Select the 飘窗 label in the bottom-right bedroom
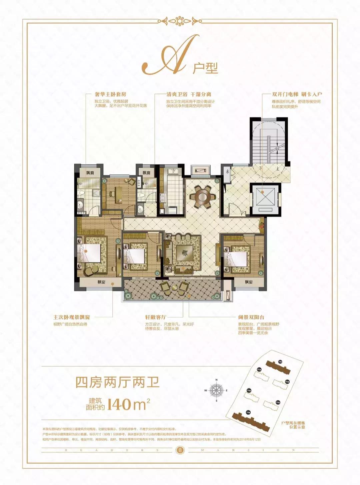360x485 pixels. coord(249,282)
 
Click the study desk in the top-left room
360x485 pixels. coord(119,193)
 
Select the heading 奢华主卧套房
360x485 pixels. coord(110,94)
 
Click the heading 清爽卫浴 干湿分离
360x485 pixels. coord(189,94)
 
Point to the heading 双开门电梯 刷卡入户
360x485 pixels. coord(297,94)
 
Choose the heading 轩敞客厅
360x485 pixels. coord(155,317)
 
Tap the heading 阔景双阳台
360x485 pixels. coord(251,317)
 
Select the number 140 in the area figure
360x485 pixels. coord(119,404)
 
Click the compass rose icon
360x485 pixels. coord(217,390)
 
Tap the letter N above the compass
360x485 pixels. coord(217,380)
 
